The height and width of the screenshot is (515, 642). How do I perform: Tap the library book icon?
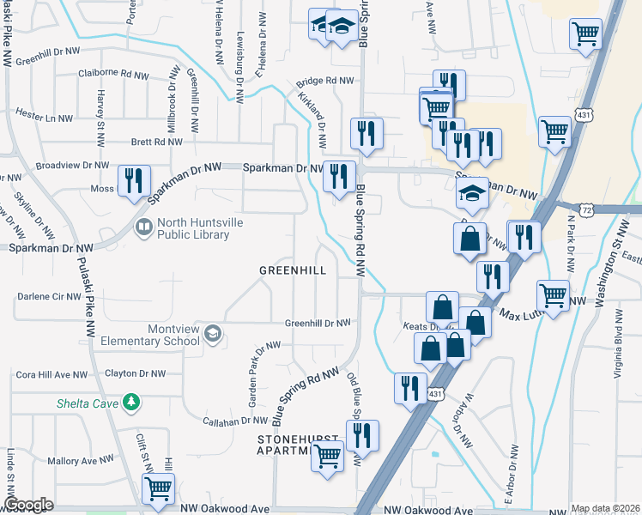142,227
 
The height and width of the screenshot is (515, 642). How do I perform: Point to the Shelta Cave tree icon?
130,401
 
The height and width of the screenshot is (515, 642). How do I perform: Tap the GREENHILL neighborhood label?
293,270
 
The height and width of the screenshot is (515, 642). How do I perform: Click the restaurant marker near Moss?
133,180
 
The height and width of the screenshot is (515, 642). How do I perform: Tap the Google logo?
28,505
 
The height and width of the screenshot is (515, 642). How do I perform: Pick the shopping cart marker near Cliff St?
158,488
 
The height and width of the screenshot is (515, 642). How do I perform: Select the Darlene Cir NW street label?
49,297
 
